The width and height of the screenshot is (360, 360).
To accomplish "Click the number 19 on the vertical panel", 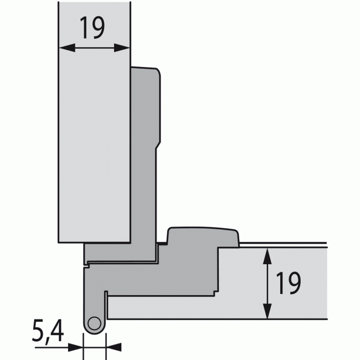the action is pyautogui.click(x=92, y=28).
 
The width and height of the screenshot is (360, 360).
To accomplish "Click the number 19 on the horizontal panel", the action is pyautogui.click(x=288, y=283).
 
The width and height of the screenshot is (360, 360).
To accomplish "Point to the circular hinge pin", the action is pyautogui.click(x=94, y=323).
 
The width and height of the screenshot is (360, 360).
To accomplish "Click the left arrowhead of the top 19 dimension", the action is pyautogui.click(x=67, y=48).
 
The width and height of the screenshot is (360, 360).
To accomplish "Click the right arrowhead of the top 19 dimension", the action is pyautogui.click(x=122, y=48).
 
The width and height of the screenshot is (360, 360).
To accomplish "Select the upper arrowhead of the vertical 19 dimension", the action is pyautogui.click(x=268, y=256).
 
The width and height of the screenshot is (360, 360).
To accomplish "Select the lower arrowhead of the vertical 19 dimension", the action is pyautogui.click(x=268, y=311).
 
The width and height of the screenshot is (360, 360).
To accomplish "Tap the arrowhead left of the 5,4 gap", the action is pyautogui.click(x=75, y=347).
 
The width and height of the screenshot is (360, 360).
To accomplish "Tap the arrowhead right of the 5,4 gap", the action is pyautogui.click(x=114, y=347).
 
